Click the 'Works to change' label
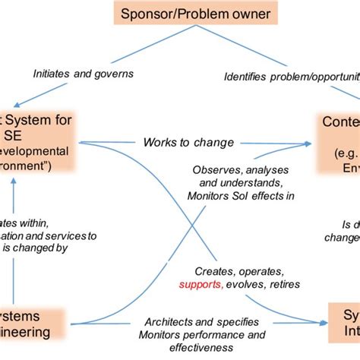(x=188, y=142)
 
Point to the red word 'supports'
(x=200, y=285)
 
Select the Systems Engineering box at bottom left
(x=30, y=324)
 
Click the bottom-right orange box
(x=343, y=322)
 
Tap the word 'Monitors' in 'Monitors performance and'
(x=162, y=335)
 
